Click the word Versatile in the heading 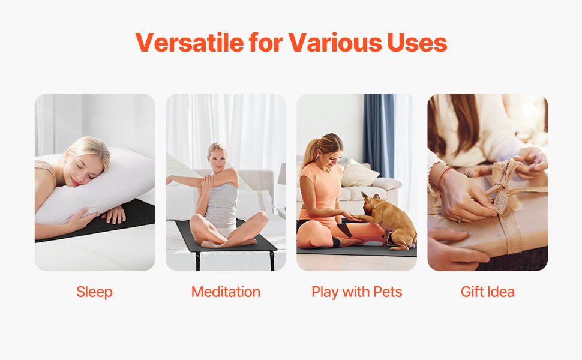[189, 43]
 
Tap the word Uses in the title [417, 43]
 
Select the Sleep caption [94, 292]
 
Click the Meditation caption [226, 292]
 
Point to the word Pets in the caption [388, 292]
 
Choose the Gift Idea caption [488, 292]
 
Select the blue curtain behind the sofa [378, 136]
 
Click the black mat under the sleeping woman [122, 223]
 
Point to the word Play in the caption [325, 292]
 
